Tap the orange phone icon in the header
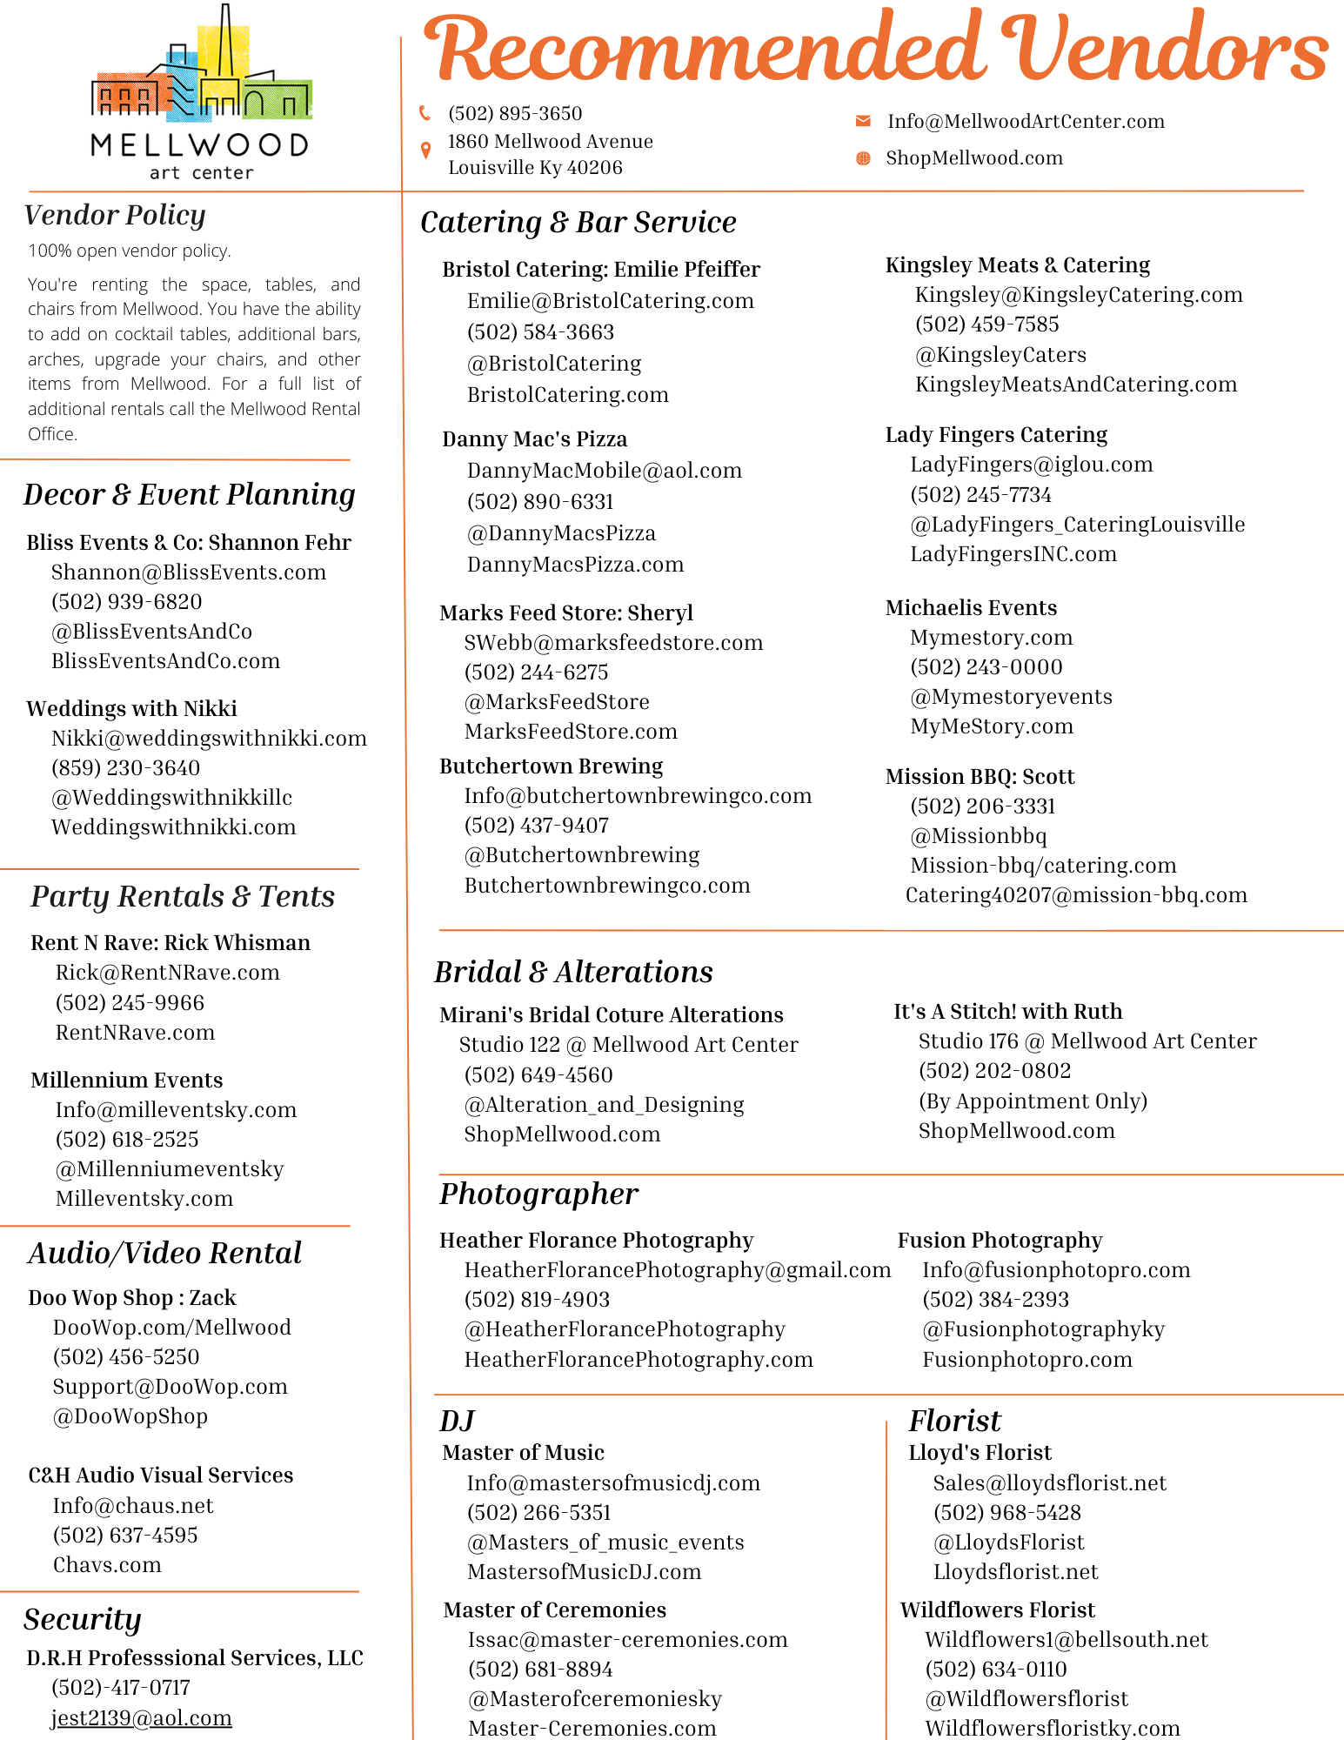click(425, 113)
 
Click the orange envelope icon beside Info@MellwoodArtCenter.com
click(863, 121)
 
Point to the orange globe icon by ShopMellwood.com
click(863, 158)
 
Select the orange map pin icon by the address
click(425, 151)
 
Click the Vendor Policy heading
click(115, 215)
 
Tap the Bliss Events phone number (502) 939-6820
click(127, 602)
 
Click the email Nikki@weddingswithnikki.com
click(209, 739)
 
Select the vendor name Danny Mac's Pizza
click(534, 439)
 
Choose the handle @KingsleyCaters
click(1000, 355)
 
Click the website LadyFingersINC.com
click(1013, 554)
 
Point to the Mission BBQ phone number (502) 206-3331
click(983, 806)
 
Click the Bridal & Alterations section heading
click(574, 972)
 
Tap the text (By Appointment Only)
click(1033, 1101)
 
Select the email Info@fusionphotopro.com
click(1056, 1270)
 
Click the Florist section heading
click(955, 1421)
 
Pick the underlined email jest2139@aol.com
click(142, 1718)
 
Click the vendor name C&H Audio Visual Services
click(161, 1476)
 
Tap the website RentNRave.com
click(135, 1033)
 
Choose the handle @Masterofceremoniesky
click(595, 1699)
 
